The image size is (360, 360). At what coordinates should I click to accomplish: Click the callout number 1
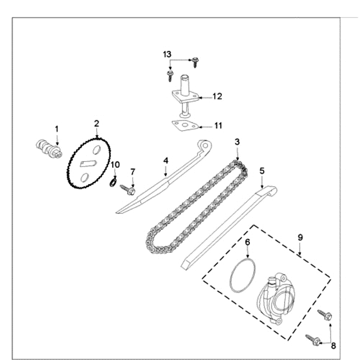(x=57, y=129)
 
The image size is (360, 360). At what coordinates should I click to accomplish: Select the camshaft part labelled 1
(x=47, y=148)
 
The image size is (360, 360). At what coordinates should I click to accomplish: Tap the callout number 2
(x=96, y=123)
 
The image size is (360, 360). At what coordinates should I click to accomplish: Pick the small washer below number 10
(x=114, y=182)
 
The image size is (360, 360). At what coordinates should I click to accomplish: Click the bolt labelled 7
(x=128, y=189)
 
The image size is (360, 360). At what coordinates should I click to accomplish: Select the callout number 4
(x=166, y=160)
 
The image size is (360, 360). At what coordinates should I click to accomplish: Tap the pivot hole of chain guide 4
(x=205, y=145)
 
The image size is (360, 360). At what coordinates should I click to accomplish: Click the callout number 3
(x=237, y=142)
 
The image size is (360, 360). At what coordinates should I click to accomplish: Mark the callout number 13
(x=167, y=54)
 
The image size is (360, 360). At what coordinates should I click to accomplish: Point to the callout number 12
(x=217, y=96)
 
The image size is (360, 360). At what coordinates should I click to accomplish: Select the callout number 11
(x=218, y=126)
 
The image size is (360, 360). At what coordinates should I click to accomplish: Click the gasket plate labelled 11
(x=185, y=126)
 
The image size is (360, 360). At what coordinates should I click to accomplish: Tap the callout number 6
(x=247, y=243)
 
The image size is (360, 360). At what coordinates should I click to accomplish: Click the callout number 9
(x=300, y=237)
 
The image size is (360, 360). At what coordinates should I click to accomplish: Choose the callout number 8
(x=333, y=346)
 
